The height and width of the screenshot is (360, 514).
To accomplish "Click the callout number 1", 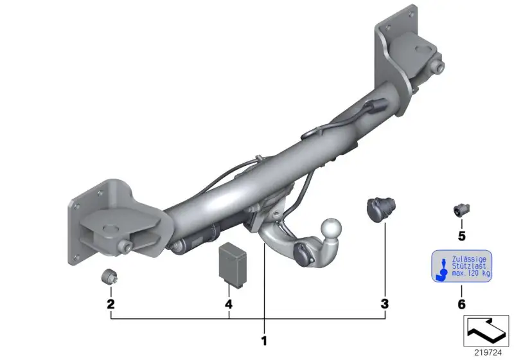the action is pos(264,341).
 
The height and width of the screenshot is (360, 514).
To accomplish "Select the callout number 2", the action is pos(111,304).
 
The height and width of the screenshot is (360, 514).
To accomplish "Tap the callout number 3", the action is pos(384,304).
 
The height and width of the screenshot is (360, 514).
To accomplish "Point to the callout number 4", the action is pos(229,304).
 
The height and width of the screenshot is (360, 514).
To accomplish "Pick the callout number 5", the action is pos(461,236).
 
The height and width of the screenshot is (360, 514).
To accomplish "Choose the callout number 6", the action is pos(461,304).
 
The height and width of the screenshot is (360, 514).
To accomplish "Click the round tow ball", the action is pos(331,228).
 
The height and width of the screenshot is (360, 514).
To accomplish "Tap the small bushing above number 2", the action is pos(109,276).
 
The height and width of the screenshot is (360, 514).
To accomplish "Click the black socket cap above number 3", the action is pos(380,209).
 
